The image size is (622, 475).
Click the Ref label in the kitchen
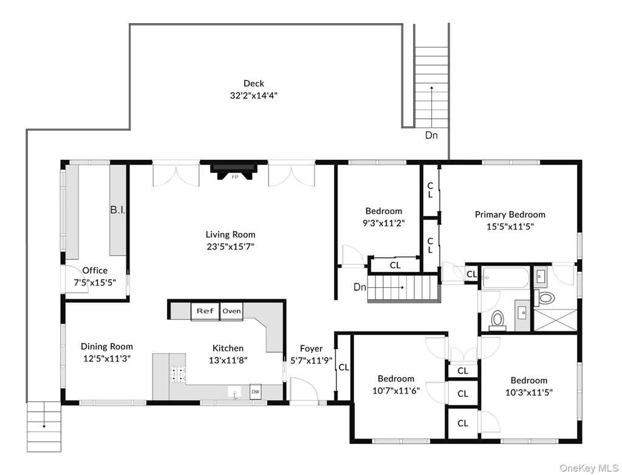pyautogui.click(x=205, y=311)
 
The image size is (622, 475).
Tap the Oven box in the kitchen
pyautogui.click(x=231, y=311)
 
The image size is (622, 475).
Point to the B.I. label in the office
pyautogui.click(x=117, y=210)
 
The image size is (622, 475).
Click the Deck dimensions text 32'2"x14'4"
pyautogui.click(x=253, y=95)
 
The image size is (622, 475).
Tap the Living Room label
pyautogui.click(x=230, y=235)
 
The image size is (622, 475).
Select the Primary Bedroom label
pyautogui.click(x=510, y=215)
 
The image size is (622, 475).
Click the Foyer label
pyautogui.click(x=311, y=348)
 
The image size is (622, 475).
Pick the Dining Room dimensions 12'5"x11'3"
pyautogui.click(x=107, y=359)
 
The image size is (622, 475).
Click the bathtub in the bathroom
pyautogui.click(x=505, y=279)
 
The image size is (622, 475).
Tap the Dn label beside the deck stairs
pyautogui.click(x=431, y=136)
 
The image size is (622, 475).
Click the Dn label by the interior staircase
pyautogui.click(x=360, y=286)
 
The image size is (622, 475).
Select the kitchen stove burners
pyautogui.click(x=178, y=374)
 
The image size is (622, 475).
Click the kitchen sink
pyautogui.click(x=235, y=392)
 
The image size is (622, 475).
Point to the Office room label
pyautogui.click(x=95, y=271)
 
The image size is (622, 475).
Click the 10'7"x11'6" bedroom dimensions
pyautogui.click(x=396, y=391)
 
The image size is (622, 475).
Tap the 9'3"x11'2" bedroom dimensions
pyautogui.click(x=384, y=223)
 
